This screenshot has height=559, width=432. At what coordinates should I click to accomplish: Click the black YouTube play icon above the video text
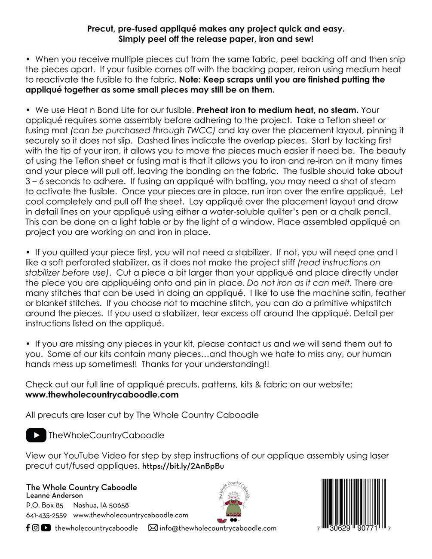pos(36,436)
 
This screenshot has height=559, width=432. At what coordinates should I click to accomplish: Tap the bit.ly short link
pos(183,466)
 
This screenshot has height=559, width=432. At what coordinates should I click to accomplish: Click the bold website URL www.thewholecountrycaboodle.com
pos(102,394)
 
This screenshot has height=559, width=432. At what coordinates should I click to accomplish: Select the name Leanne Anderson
pos(55,496)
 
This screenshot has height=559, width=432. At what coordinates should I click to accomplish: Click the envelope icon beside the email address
pos(153,528)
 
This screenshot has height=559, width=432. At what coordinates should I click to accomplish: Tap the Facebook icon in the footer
pos(28,528)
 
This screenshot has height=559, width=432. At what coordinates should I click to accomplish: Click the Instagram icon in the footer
pos(36,528)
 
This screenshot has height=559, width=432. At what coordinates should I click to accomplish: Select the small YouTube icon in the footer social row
pos(46,528)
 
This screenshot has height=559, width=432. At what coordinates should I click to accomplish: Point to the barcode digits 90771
pos(366,528)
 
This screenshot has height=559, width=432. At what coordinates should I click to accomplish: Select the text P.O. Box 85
pos(45,505)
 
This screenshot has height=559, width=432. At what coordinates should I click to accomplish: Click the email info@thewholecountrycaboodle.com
pos(218,528)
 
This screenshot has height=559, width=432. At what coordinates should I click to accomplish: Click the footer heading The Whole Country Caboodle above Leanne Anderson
pos(82,487)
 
